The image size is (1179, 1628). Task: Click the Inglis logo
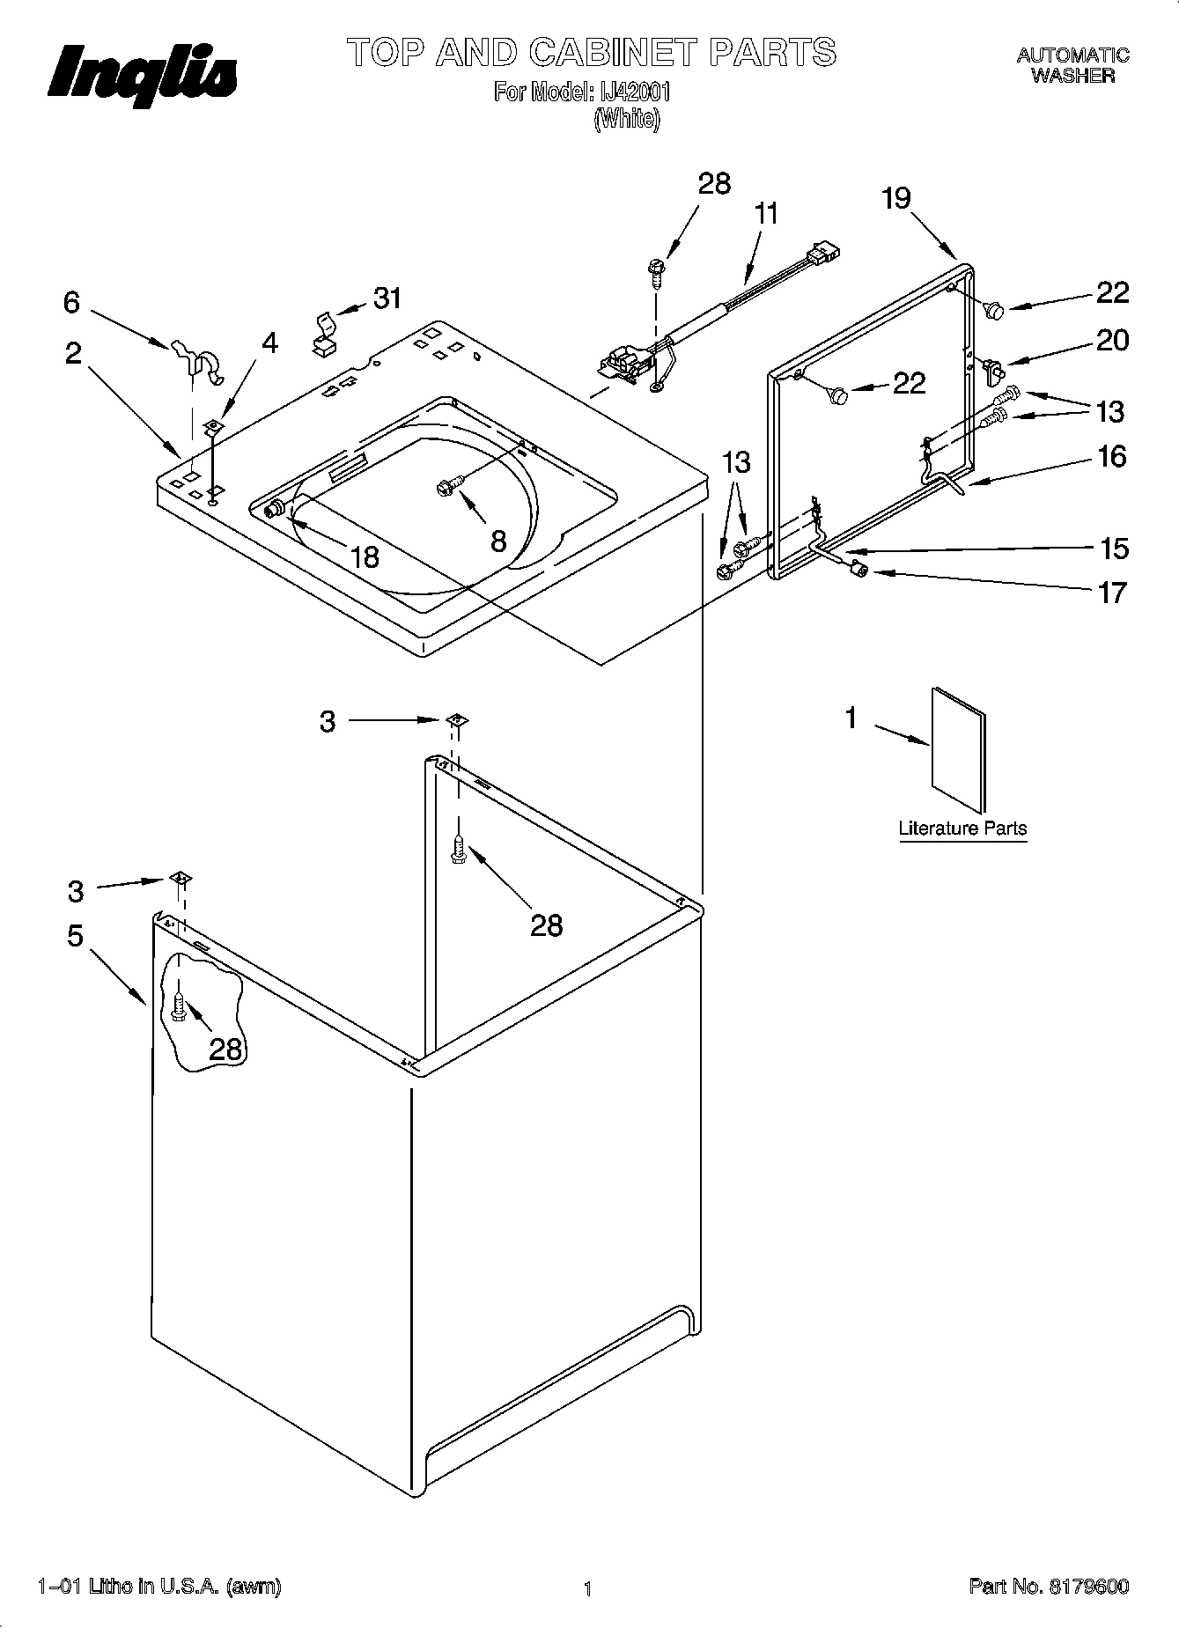point(141,72)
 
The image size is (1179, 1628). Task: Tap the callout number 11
point(766,214)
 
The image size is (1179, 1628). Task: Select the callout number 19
point(896,199)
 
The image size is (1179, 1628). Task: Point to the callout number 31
point(387,299)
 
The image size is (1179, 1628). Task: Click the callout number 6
point(72,303)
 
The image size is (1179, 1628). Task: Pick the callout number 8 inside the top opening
point(498,541)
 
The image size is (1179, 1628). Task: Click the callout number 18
point(365,556)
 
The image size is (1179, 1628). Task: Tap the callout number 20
point(1112,341)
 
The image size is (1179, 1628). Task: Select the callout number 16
point(1112,456)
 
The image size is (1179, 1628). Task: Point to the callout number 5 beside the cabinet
point(76,935)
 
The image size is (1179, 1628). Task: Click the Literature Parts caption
point(962,829)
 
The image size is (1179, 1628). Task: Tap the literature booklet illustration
point(958,748)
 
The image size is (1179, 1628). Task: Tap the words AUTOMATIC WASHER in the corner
point(1072,65)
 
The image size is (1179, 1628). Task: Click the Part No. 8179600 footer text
point(1049,1587)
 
